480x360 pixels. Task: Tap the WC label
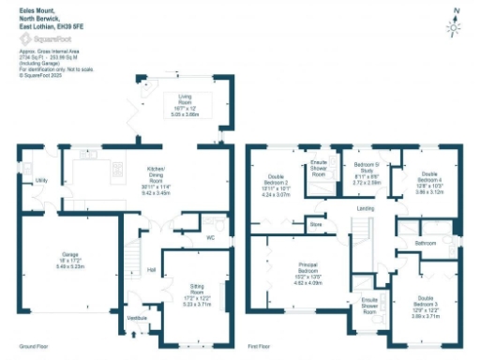(213, 237)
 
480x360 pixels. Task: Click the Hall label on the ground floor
(150, 271)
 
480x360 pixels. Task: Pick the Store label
(316, 225)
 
